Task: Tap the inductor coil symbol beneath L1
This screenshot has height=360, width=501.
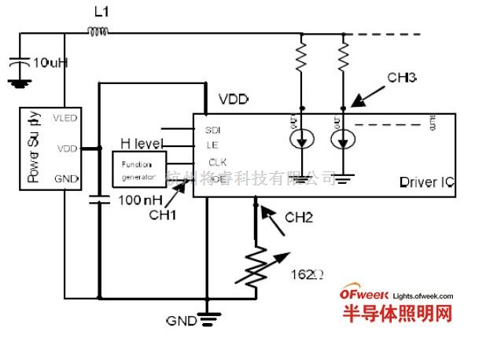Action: pos(98,32)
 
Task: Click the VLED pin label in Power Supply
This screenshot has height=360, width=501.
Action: pos(66,118)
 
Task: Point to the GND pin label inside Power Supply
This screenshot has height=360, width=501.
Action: pos(67,178)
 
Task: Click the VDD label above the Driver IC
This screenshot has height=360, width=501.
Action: pos(234,101)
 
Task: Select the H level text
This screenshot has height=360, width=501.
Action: pos(142,143)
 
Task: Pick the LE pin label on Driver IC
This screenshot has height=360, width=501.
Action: pos(211,145)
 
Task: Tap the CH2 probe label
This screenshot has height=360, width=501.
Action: pos(299,217)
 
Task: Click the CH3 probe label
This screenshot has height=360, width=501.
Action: pos(401,79)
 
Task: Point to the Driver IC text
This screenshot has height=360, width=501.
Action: pos(425,182)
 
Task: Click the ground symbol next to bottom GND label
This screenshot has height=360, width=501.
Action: pos(206,319)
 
